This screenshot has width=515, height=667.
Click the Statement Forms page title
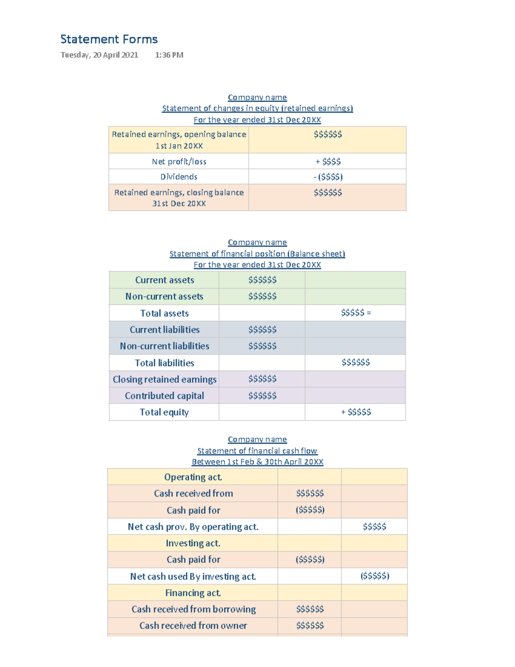(109, 40)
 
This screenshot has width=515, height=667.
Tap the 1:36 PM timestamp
(169, 55)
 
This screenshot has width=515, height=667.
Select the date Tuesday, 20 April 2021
(99, 55)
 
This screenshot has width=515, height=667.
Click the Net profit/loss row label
(179, 161)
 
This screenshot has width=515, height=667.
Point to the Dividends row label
(179, 177)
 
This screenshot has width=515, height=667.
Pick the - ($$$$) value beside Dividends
(328, 177)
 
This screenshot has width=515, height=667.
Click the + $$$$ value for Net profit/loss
(328, 161)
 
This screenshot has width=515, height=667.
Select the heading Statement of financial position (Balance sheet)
(257, 254)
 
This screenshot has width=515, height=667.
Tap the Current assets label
(164, 280)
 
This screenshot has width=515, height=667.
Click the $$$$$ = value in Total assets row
(356, 313)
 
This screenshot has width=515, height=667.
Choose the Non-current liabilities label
(164, 346)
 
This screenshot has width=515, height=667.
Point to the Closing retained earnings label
(164, 379)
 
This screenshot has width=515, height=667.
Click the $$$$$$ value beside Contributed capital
(262, 396)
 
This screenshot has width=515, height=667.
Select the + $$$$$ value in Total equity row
(356, 412)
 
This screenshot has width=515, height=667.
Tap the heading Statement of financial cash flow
(257, 451)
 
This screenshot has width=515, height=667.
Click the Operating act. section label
(193, 477)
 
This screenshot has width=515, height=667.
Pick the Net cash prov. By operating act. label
(193, 527)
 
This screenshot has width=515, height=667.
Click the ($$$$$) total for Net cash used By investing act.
(375, 576)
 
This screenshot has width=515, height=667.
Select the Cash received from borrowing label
(194, 609)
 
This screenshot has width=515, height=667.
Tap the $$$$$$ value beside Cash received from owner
(310, 626)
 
